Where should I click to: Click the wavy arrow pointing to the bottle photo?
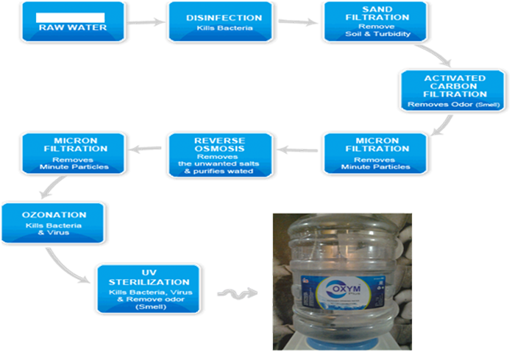[236, 294]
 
